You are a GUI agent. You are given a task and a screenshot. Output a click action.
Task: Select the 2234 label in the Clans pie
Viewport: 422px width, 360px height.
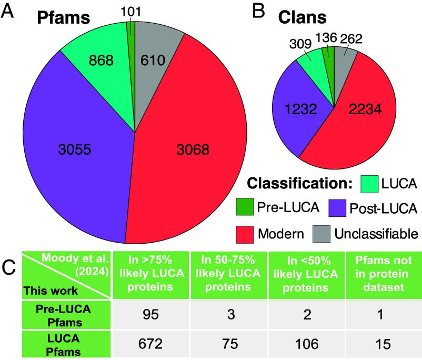point(363,110)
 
